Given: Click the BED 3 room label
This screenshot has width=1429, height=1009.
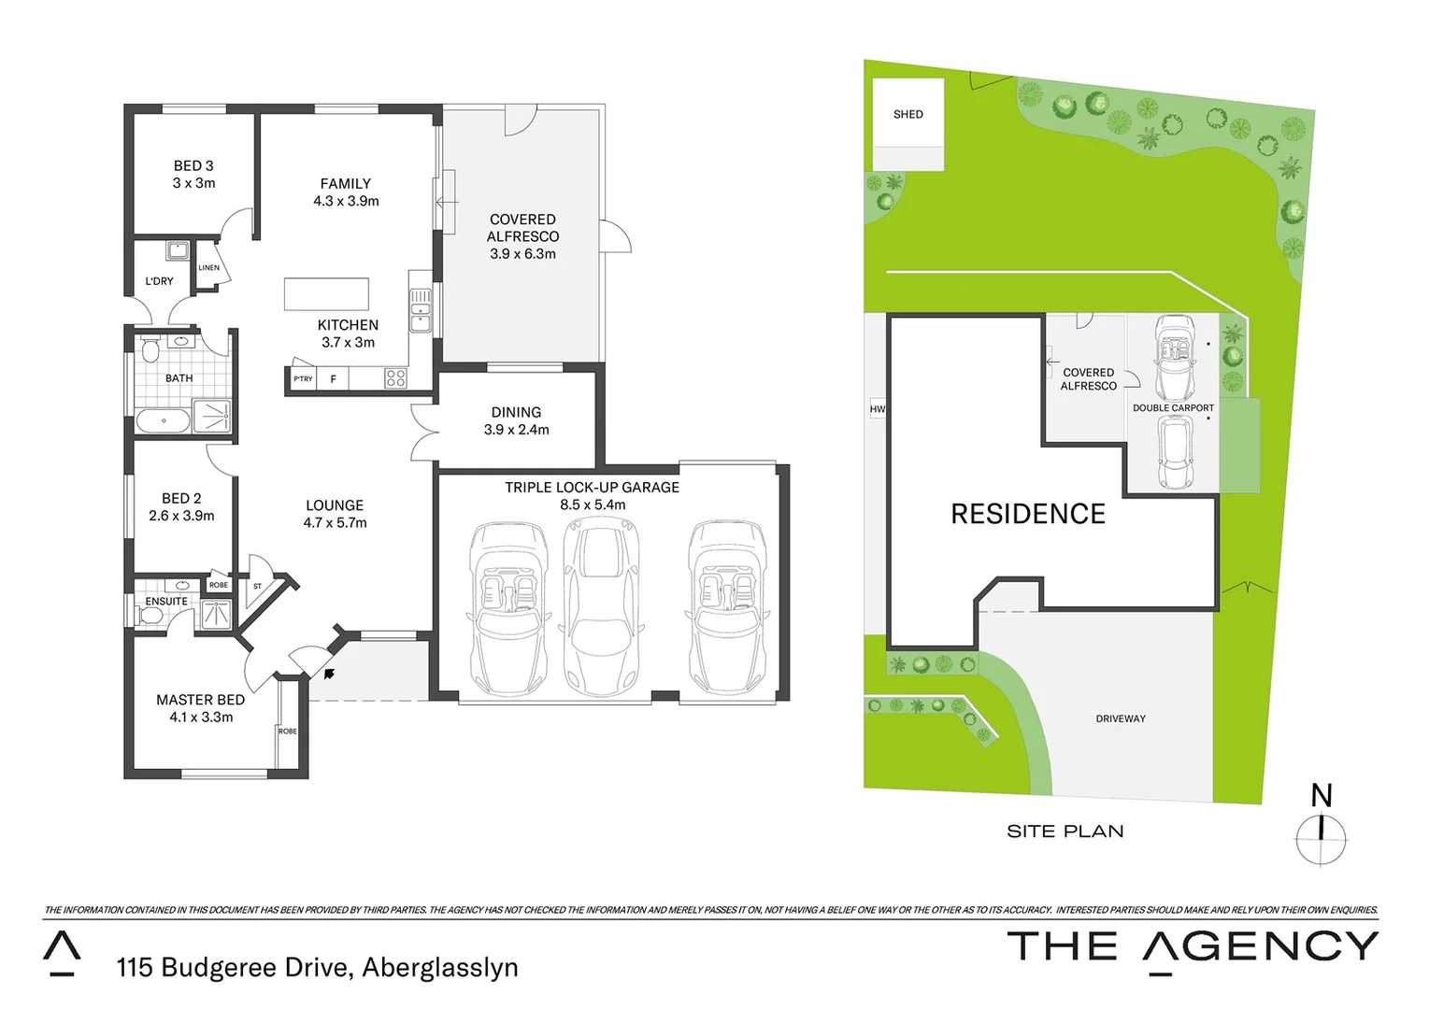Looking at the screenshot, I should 193,165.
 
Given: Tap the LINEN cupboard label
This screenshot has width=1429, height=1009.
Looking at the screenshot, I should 208,268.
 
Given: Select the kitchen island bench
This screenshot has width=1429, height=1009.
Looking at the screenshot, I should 326,293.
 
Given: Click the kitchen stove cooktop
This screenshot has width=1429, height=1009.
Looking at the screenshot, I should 395,378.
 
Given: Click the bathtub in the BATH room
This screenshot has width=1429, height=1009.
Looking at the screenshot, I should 164,420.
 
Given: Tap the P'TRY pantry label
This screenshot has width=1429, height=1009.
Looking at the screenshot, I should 303,379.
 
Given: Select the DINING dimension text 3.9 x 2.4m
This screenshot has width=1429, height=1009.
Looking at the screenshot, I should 516,430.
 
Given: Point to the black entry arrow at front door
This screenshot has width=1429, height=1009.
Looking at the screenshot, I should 328,671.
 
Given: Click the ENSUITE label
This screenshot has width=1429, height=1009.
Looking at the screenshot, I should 166,602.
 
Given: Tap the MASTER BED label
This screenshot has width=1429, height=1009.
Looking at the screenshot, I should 200,700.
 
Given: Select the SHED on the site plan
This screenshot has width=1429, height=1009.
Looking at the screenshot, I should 907,114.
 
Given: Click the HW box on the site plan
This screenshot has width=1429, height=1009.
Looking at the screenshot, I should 877,409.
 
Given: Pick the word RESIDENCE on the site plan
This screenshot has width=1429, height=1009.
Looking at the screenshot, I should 1028,514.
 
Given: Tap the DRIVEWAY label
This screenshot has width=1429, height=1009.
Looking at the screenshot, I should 1120,718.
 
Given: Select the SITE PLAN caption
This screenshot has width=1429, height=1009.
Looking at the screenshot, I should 1065,831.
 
